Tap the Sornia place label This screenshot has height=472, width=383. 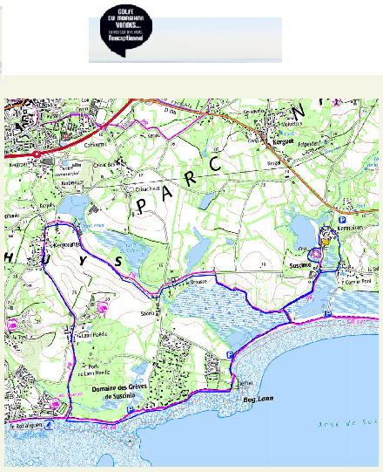(146, 312)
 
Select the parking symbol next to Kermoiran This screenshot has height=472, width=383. (342, 220)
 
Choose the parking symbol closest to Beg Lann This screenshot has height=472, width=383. (229, 354)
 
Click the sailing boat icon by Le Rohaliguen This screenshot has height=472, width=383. (50, 425)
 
